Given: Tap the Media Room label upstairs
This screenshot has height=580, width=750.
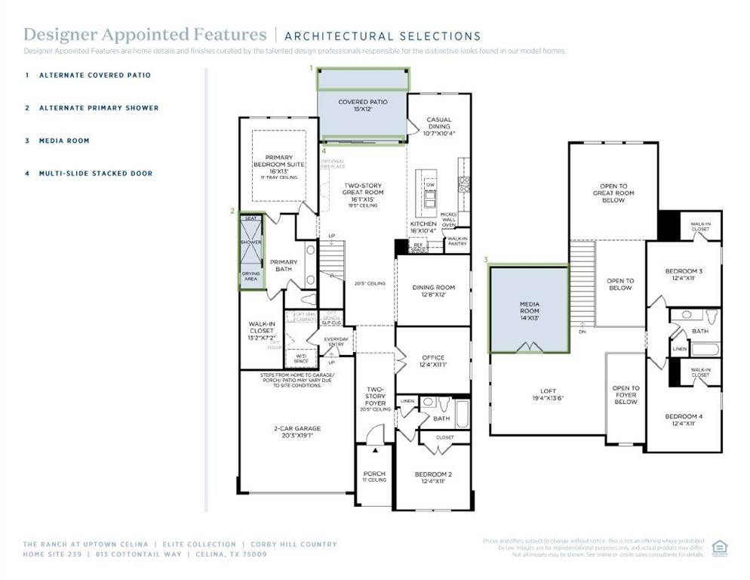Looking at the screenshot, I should click(529, 307).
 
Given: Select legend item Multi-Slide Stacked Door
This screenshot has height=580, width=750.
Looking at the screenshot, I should click(96, 174).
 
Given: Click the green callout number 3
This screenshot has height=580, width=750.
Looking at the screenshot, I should click(486, 260).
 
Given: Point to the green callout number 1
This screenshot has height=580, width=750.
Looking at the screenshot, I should click(311, 67).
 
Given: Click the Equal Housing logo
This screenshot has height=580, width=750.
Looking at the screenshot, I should click(719, 548).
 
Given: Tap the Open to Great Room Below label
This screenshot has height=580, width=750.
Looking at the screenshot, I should click(613, 193).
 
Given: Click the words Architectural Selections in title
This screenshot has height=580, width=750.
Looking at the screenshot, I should click(383, 35).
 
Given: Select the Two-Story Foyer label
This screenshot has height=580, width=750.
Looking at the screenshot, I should click(375, 396).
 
